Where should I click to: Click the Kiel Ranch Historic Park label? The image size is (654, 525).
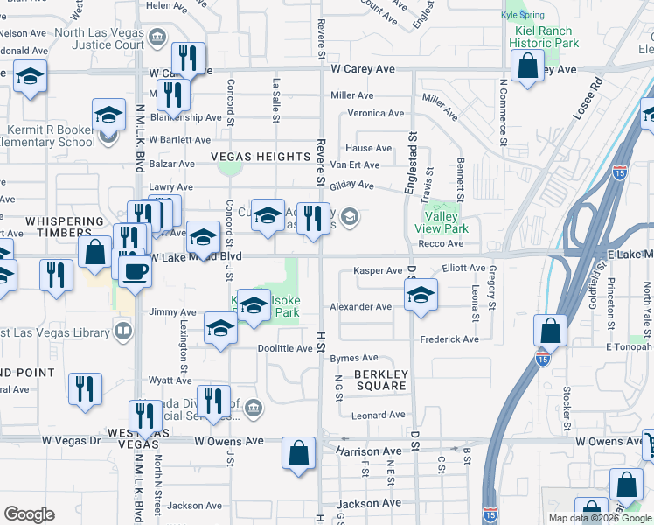click(544, 36)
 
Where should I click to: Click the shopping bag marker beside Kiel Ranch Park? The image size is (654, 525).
click(528, 66)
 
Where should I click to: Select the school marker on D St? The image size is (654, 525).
click(421, 295)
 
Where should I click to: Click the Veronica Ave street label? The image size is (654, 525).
click(376, 114)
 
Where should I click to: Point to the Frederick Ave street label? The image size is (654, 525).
click(449, 339)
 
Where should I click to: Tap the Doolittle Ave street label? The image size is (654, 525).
click(285, 349)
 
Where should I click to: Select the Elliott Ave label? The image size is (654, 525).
click(463, 269)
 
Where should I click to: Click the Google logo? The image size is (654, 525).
click(29, 514)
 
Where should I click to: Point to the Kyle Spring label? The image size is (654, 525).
click(522, 16)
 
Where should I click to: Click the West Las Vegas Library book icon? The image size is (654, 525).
click(123, 331)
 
